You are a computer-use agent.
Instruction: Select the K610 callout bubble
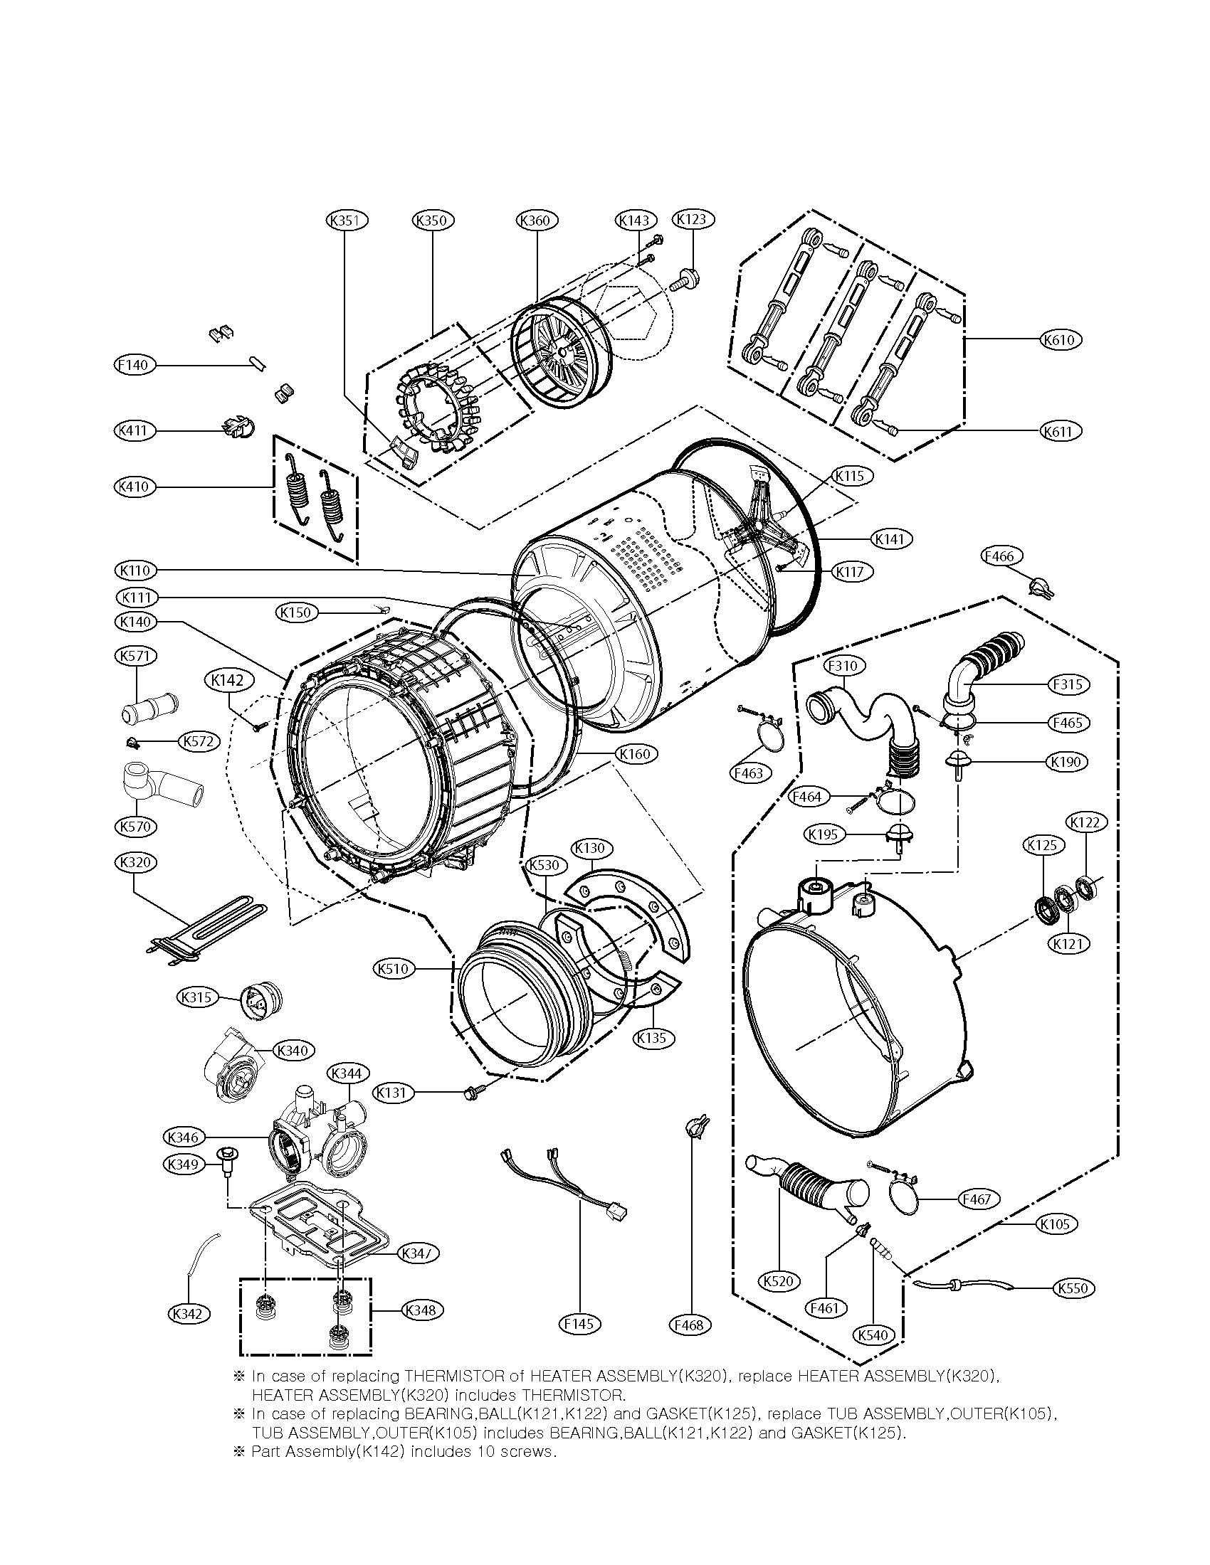click(1060, 339)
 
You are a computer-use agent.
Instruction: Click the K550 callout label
click(1073, 1288)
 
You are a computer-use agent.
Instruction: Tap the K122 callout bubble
click(1085, 822)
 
